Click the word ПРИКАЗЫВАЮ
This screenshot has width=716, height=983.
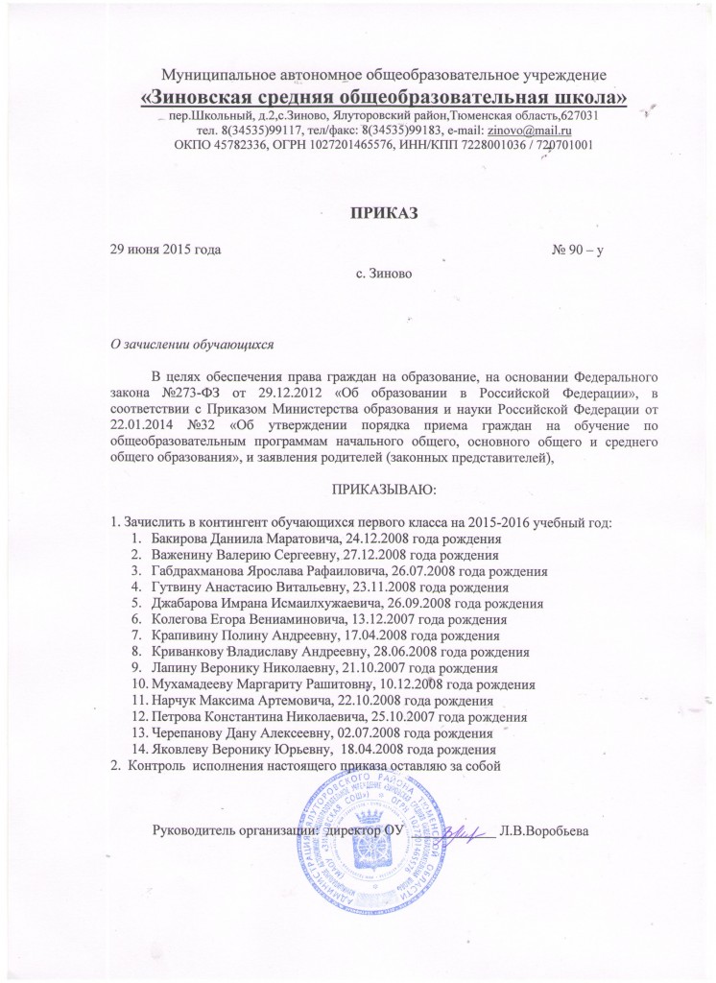tap(383, 491)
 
